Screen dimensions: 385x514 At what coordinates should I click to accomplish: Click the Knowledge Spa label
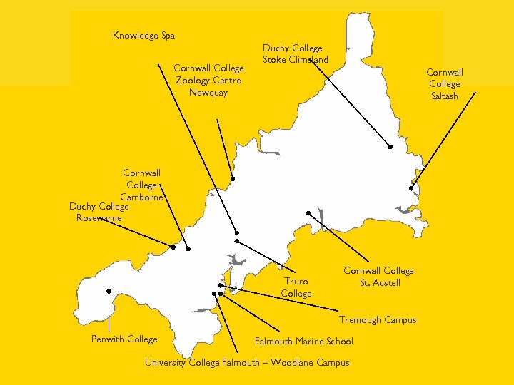pyautogui.click(x=143, y=36)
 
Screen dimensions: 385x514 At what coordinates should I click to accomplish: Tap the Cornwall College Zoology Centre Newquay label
pyautogui.click(x=209, y=81)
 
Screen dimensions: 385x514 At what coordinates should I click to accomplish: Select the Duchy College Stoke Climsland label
pyautogui.click(x=295, y=54)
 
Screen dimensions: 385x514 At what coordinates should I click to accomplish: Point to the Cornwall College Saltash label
pyautogui.click(x=445, y=84)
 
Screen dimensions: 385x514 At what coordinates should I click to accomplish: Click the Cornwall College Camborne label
pyautogui.click(x=141, y=185)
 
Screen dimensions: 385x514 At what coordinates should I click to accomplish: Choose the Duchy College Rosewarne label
pyautogui.click(x=99, y=212)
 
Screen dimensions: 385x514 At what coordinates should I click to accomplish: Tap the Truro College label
pyautogui.click(x=296, y=287)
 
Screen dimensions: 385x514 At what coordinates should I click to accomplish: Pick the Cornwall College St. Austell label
pyautogui.click(x=378, y=277)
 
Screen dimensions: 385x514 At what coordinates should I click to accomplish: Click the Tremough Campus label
pyautogui.click(x=378, y=320)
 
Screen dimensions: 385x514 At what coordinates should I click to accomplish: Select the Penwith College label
pyautogui.click(x=124, y=339)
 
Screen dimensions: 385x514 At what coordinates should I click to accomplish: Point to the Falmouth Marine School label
pyautogui.click(x=303, y=342)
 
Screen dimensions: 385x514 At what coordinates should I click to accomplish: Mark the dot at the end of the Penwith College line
pyautogui.click(x=108, y=291)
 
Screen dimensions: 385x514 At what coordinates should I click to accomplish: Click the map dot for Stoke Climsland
pyautogui.click(x=390, y=147)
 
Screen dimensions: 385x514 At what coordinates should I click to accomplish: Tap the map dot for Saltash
pyautogui.click(x=412, y=188)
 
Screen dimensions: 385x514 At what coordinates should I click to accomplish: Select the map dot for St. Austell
pyautogui.click(x=308, y=213)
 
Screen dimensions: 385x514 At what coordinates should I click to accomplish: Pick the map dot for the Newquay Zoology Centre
pyautogui.click(x=232, y=179)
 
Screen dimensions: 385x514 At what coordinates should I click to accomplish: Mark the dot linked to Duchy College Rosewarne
pyautogui.click(x=173, y=247)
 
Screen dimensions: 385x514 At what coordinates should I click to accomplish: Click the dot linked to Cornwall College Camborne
pyautogui.click(x=188, y=249)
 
